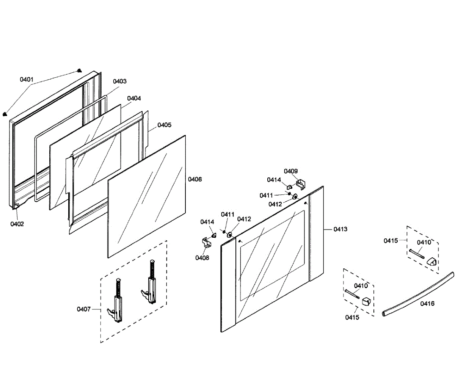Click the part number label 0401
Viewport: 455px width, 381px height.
(27, 80)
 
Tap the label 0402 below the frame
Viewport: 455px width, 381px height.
(17, 224)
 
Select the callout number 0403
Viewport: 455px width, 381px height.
(120, 82)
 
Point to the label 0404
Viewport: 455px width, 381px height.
(134, 98)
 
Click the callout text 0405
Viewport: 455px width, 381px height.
(164, 125)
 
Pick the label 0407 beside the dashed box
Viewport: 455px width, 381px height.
(83, 309)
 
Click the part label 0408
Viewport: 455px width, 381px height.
(202, 258)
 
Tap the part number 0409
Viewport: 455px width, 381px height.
(291, 171)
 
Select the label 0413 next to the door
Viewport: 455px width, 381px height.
(340, 229)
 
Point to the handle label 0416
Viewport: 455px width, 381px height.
(427, 304)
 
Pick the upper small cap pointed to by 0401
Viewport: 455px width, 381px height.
(79, 71)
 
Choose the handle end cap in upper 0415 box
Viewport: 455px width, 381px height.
(432, 261)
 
